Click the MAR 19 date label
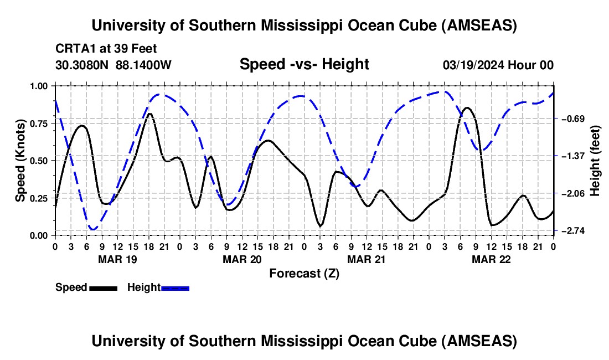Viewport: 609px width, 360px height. (117, 259)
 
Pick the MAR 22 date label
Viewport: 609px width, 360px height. (491, 259)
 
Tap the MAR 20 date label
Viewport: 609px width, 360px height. (242, 259)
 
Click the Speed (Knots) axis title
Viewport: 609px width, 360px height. (20, 161)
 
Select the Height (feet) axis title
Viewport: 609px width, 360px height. (595, 161)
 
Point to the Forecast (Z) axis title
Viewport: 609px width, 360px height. (304, 273)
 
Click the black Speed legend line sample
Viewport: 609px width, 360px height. (103, 287)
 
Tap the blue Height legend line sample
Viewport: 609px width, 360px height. (175, 287)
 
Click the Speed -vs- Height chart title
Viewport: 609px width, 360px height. (304, 64)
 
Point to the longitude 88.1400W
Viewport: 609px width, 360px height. (143, 65)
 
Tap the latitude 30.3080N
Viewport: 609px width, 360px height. (82, 65)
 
